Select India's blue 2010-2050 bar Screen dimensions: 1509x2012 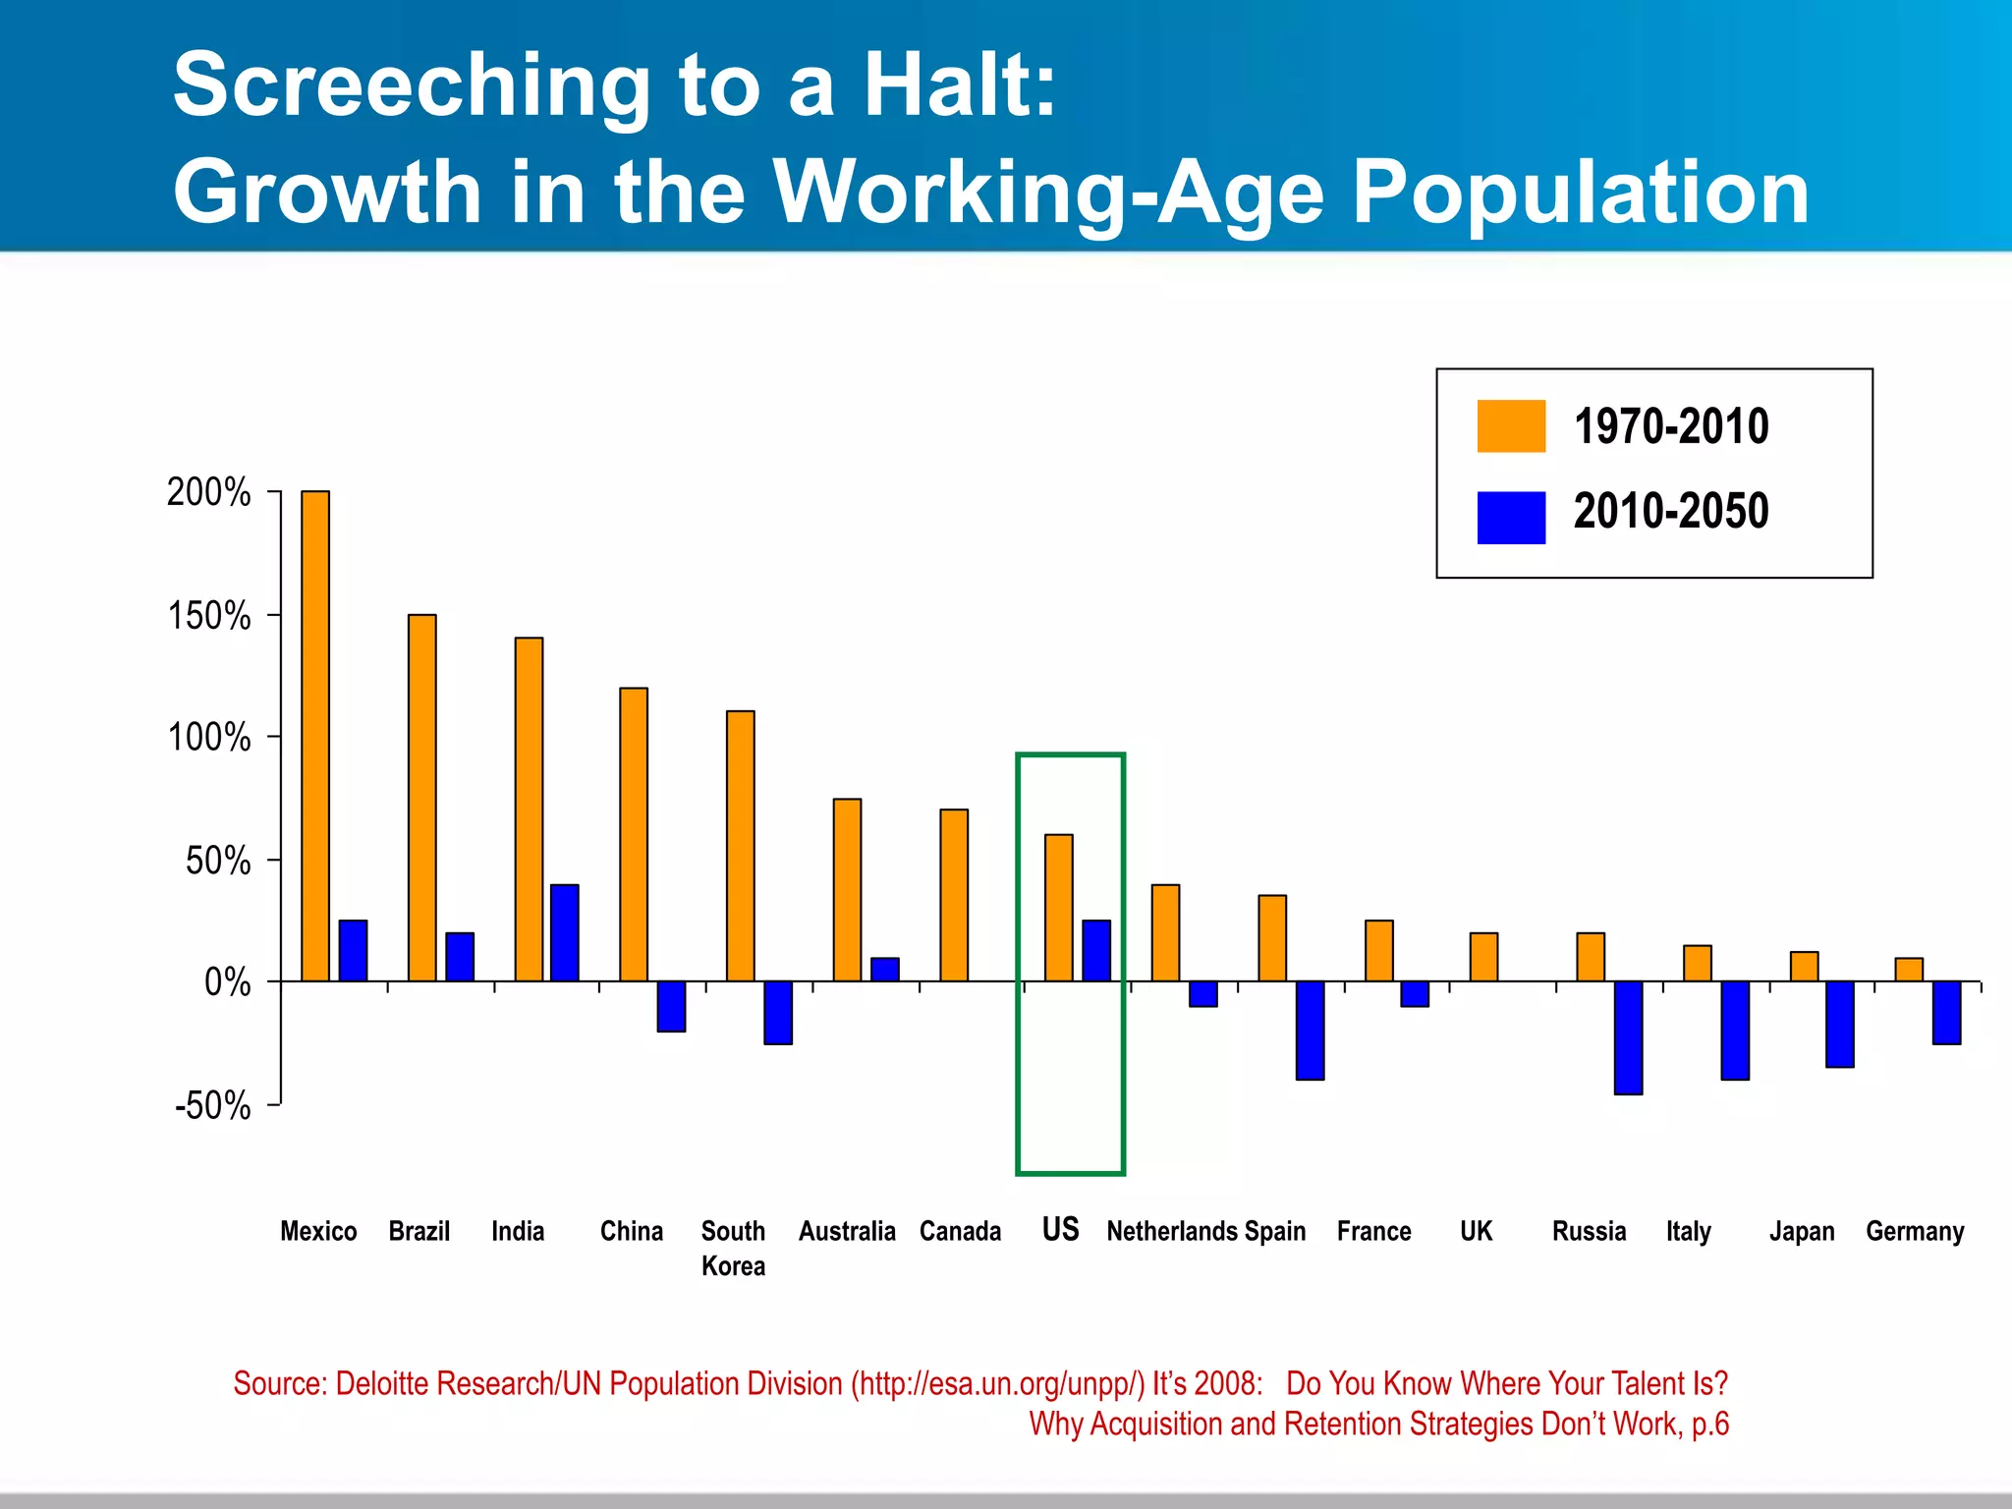point(564,932)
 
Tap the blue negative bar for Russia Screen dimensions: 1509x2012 point(1628,1037)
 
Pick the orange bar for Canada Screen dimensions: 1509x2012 point(954,895)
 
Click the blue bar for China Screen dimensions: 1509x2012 point(671,1006)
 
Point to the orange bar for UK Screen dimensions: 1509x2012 point(1483,957)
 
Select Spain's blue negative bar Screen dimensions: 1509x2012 point(1310,1030)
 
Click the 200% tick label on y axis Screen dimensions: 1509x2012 point(208,492)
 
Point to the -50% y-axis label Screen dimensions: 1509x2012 point(212,1106)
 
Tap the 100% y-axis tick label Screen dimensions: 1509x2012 point(208,738)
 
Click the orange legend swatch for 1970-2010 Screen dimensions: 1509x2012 point(1511,426)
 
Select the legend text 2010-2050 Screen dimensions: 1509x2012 point(1670,512)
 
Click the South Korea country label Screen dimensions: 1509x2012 point(733,1248)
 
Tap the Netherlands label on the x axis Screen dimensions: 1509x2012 point(1171,1231)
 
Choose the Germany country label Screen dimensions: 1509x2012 point(1915,1231)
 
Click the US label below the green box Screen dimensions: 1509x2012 point(1060,1230)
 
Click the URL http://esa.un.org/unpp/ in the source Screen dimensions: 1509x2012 point(998,1383)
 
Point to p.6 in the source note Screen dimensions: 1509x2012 point(1709,1424)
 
